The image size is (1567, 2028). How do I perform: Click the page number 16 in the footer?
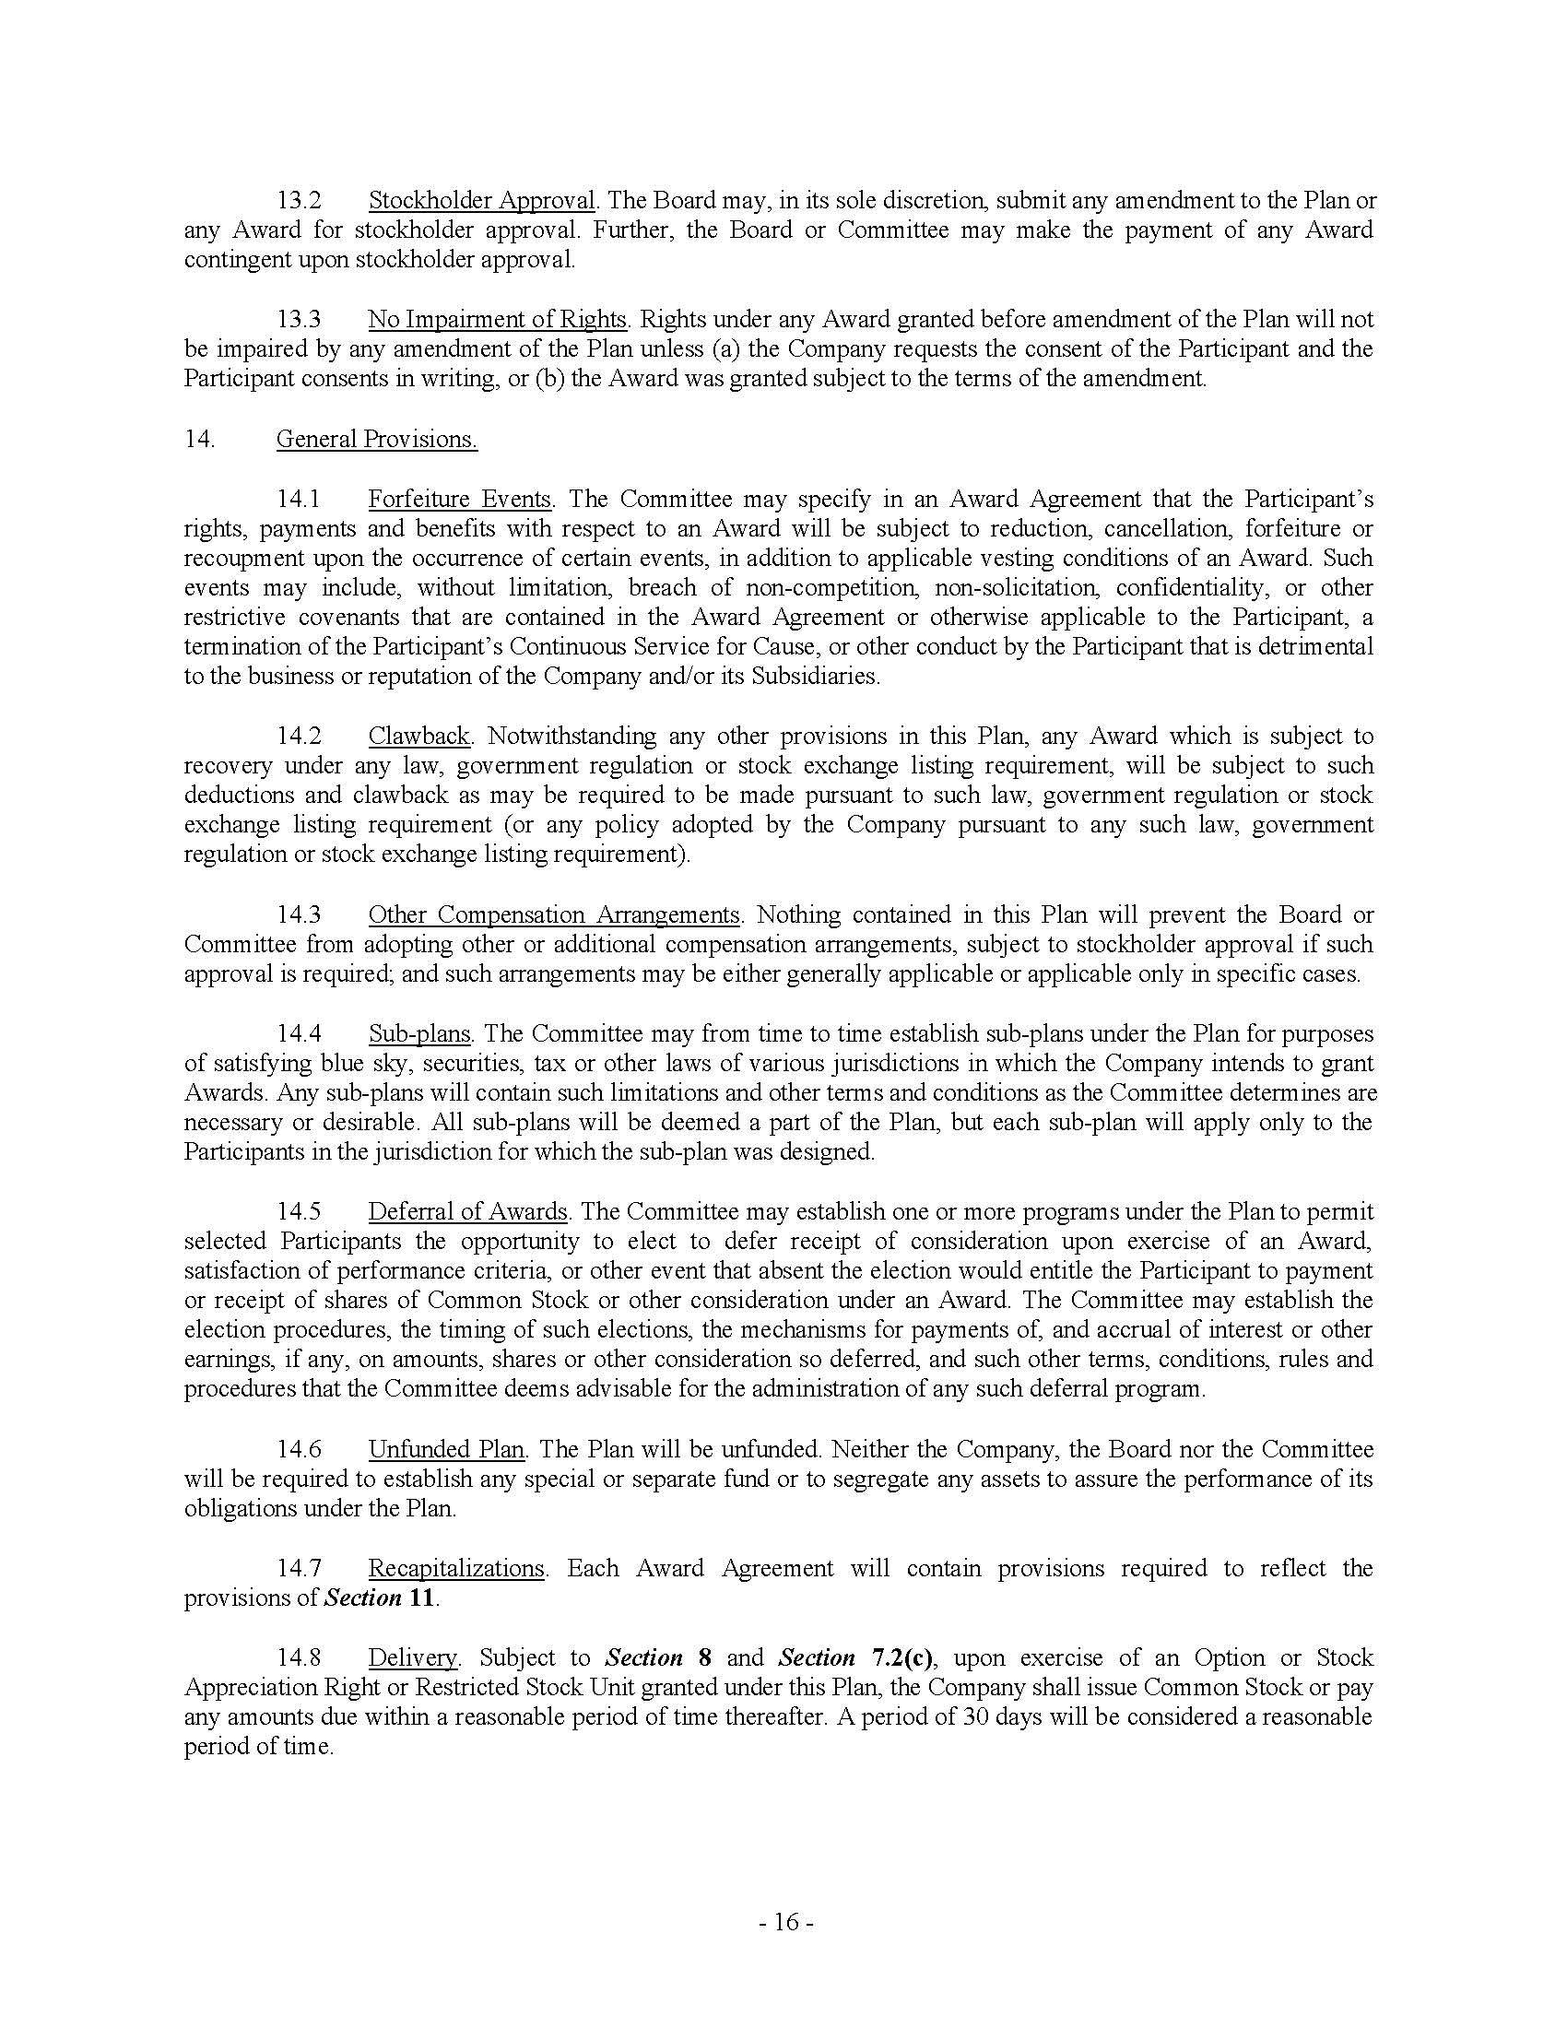tap(785, 1922)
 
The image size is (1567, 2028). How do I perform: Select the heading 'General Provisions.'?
tap(377, 439)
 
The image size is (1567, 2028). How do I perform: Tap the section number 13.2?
tap(299, 201)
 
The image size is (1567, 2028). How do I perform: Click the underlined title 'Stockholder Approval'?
tap(481, 201)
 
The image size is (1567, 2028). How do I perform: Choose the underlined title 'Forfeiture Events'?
tap(461, 499)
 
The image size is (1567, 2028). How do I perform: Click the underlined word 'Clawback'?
tap(419, 737)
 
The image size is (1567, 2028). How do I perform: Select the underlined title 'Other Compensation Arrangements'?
tap(553, 914)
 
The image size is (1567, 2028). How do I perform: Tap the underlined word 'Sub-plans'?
tap(419, 1033)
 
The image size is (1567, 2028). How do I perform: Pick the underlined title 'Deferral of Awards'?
tap(468, 1212)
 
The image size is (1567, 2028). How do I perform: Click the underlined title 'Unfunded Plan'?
tap(446, 1449)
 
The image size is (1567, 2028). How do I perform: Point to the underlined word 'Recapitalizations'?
tap(455, 1568)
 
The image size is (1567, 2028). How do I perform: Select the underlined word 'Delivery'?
tap(413, 1657)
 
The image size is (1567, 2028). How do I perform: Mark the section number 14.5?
tap(299, 1212)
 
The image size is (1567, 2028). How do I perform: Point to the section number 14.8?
tap(299, 1657)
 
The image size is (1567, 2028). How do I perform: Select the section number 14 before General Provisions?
tap(199, 439)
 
